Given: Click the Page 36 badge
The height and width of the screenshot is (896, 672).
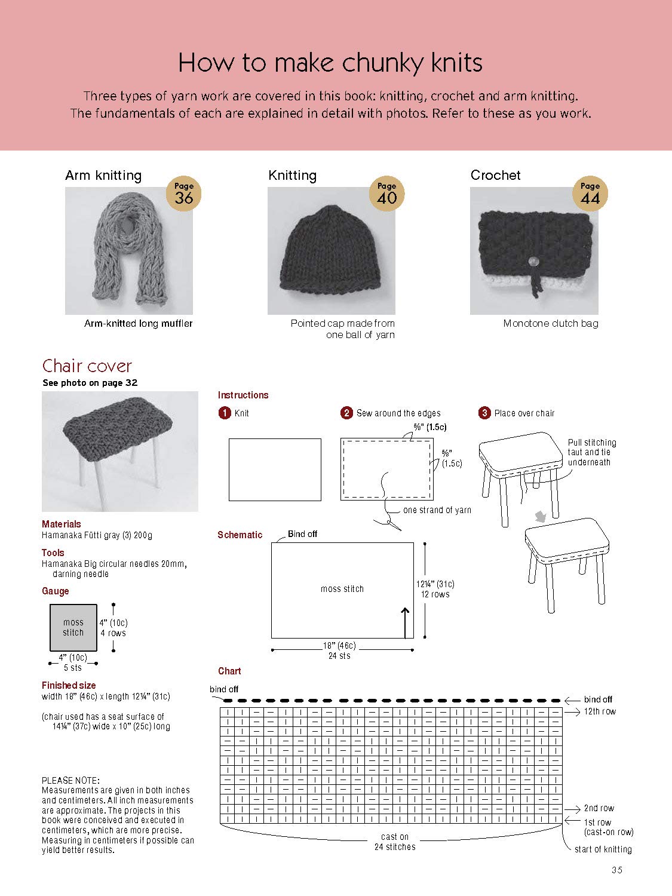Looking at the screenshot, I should (x=183, y=194).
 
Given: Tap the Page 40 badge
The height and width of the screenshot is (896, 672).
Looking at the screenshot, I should (x=386, y=194).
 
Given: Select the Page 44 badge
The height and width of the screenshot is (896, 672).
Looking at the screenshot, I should (x=590, y=194).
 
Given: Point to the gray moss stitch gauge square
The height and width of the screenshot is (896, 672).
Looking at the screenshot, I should (x=73, y=627).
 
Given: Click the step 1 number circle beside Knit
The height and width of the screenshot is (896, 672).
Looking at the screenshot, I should (x=225, y=413).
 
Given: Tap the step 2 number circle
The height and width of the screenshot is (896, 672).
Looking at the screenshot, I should (x=346, y=413).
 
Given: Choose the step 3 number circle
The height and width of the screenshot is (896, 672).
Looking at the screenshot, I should (x=484, y=413).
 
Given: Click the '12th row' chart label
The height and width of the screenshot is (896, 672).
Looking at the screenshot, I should (x=600, y=711).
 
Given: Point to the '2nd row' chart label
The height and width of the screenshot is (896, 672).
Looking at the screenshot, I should (x=599, y=808).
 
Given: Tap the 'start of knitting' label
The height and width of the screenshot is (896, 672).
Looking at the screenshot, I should (x=603, y=849).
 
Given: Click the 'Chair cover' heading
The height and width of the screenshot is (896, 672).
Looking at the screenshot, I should (x=87, y=366).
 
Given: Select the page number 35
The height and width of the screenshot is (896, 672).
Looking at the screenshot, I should (x=617, y=870).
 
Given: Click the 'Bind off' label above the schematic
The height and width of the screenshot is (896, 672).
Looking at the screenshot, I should (x=302, y=534).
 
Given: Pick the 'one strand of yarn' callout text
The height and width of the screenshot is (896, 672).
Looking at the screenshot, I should (x=437, y=510).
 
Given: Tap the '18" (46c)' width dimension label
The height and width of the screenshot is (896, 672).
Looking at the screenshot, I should (x=339, y=646).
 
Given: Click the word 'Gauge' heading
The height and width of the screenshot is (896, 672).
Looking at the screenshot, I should (x=56, y=591).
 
